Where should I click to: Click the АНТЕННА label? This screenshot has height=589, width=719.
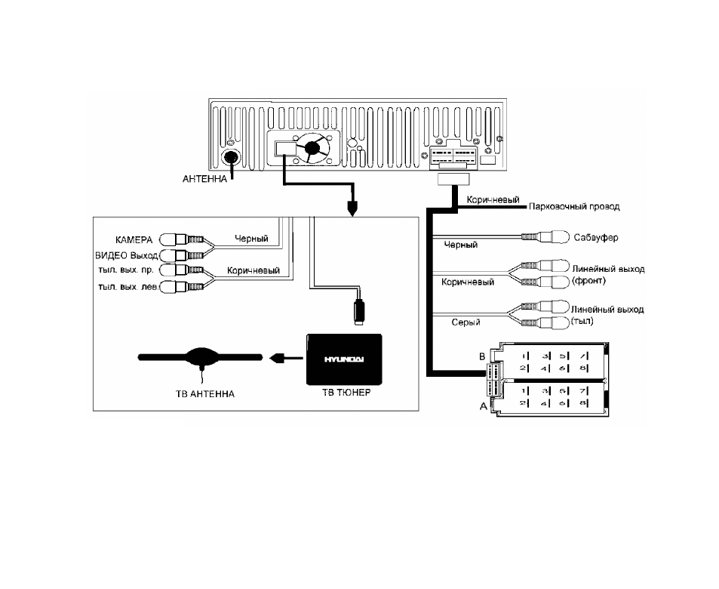pyautogui.click(x=204, y=179)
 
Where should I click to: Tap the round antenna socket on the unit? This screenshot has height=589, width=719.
pyautogui.click(x=230, y=159)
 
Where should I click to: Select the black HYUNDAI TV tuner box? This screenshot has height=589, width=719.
pyautogui.click(x=344, y=359)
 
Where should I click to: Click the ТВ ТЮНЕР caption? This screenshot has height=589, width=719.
pyautogui.click(x=346, y=393)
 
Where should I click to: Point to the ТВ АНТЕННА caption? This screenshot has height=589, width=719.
pyautogui.click(x=205, y=394)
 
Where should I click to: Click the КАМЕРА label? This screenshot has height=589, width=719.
pyautogui.click(x=134, y=240)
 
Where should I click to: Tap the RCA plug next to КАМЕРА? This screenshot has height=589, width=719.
pyautogui.click(x=182, y=239)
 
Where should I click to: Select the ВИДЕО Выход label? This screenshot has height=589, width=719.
pyautogui.click(x=127, y=255)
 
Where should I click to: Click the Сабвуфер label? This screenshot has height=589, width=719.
pyautogui.click(x=596, y=238)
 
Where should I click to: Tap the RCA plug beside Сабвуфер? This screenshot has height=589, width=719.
pyautogui.click(x=545, y=237)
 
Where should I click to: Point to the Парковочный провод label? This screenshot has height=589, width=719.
pyautogui.click(x=574, y=207)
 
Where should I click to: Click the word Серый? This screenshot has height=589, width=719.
pyautogui.click(x=466, y=322)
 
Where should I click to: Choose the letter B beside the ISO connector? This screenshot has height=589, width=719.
pyautogui.click(x=482, y=356)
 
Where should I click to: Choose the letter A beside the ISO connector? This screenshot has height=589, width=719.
pyautogui.click(x=483, y=406)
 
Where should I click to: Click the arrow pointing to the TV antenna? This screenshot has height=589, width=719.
pyautogui.click(x=286, y=358)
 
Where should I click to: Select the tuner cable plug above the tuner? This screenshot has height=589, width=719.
pyautogui.click(x=359, y=312)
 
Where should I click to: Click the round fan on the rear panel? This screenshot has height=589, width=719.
pyautogui.click(x=312, y=148)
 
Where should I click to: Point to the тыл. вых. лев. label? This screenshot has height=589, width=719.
pyautogui.click(x=129, y=287)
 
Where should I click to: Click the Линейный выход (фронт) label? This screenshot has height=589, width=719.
pyautogui.click(x=608, y=275)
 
